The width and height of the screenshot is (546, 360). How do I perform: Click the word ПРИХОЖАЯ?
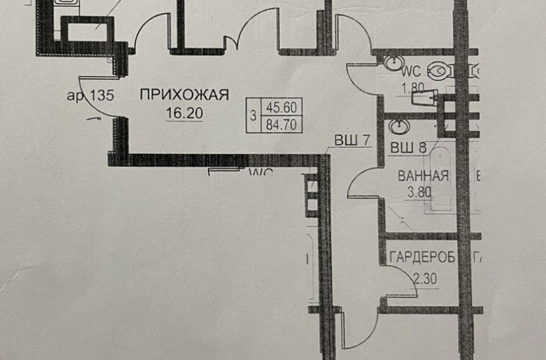(184, 96)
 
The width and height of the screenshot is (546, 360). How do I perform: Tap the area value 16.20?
(184, 114)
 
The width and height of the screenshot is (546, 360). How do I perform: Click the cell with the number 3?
(254, 117)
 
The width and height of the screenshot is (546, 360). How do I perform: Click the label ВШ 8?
(409, 147)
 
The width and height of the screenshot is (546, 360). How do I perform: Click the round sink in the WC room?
(391, 64)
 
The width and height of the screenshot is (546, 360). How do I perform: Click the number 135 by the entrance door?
(101, 96)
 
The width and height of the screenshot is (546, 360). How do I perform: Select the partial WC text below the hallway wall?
(261, 172)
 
